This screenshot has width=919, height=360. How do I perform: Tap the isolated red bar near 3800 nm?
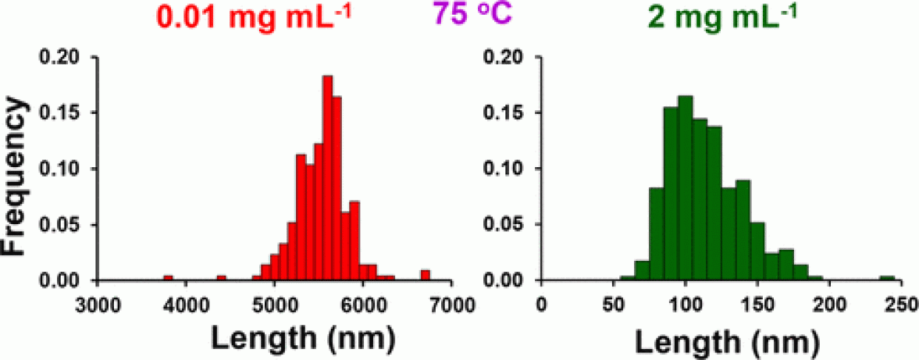click(168, 277)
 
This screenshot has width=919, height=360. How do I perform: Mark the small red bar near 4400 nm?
click(221, 277)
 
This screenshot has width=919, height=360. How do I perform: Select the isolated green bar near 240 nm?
click(887, 278)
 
